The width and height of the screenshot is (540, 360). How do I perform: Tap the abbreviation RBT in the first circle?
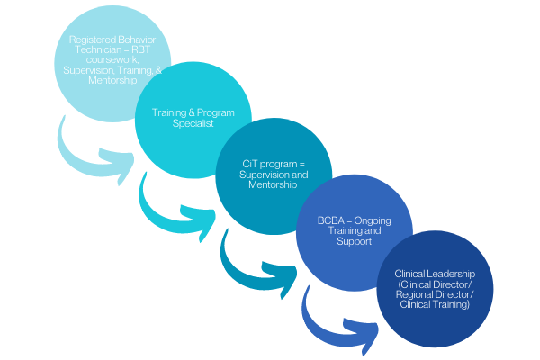click(141, 50)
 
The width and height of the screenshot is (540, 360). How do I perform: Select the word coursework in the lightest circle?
click(112, 60)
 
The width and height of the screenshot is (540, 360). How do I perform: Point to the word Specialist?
click(193, 123)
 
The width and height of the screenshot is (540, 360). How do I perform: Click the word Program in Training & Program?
click(216, 113)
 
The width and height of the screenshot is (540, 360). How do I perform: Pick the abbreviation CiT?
click(248, 164)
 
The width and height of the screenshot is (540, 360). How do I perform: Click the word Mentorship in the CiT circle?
click(273, 184)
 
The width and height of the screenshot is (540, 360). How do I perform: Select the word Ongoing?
click(373, 220)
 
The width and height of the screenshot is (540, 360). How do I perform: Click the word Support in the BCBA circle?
click(354, 241)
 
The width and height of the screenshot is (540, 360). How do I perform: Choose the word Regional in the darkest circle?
click(415, 294)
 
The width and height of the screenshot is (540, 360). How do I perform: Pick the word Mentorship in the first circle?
click(112, 80)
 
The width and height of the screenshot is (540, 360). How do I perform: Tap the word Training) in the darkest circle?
click(453, 304)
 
